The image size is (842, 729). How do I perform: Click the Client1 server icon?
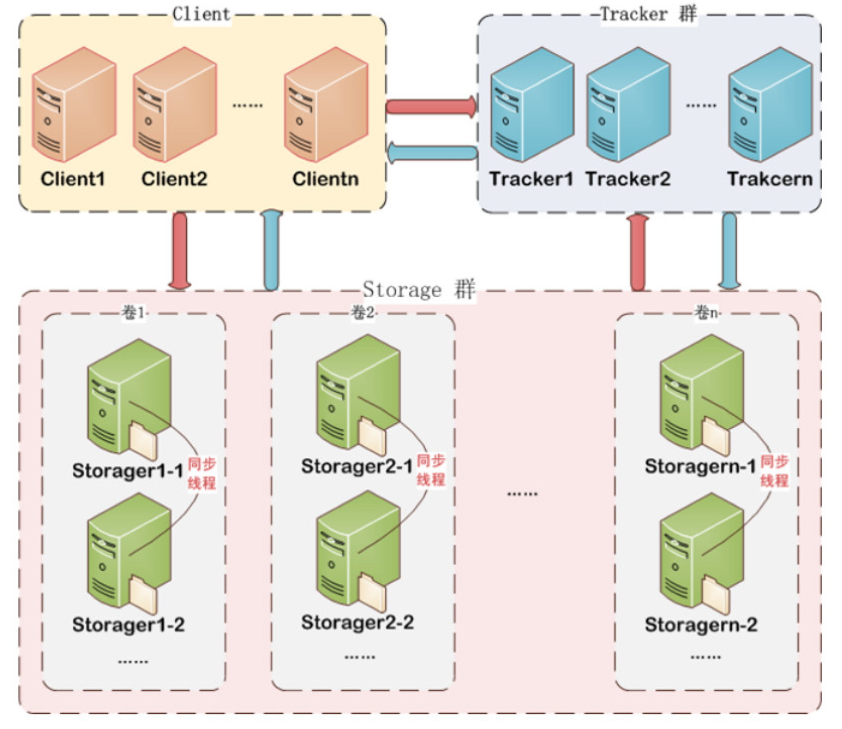coord(73,105)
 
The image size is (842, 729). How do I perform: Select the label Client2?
coord(174,179)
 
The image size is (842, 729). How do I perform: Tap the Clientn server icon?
coord(325,105)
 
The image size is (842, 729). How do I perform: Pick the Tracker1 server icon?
coord(531,105)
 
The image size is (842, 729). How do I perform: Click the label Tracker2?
coord(628,179)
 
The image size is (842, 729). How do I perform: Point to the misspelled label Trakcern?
coord(770,179)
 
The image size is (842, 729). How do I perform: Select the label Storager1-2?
coord(128,624)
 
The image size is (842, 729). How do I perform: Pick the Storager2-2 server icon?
coord(357,551)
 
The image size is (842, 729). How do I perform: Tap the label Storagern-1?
coord(700,466)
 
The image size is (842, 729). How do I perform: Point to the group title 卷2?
coord(363,313)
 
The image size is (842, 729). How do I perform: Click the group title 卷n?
coord(706,313)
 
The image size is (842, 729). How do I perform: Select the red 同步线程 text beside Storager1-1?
coord(202,473)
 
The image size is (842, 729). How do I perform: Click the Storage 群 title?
coord(419,289)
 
